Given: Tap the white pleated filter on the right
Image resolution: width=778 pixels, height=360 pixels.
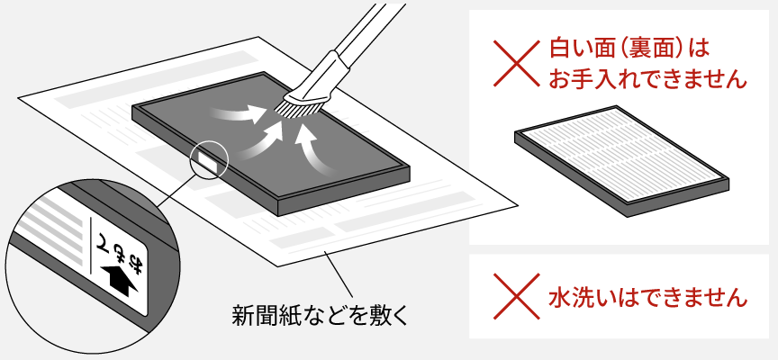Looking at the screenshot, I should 621,166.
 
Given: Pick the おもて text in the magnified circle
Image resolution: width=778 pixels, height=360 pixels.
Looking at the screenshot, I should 124,243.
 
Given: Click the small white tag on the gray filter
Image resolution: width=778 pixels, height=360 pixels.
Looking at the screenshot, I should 206,161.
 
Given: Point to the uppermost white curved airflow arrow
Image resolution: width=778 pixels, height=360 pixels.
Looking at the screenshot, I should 237,112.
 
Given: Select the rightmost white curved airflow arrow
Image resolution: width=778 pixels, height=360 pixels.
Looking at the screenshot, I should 312,153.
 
